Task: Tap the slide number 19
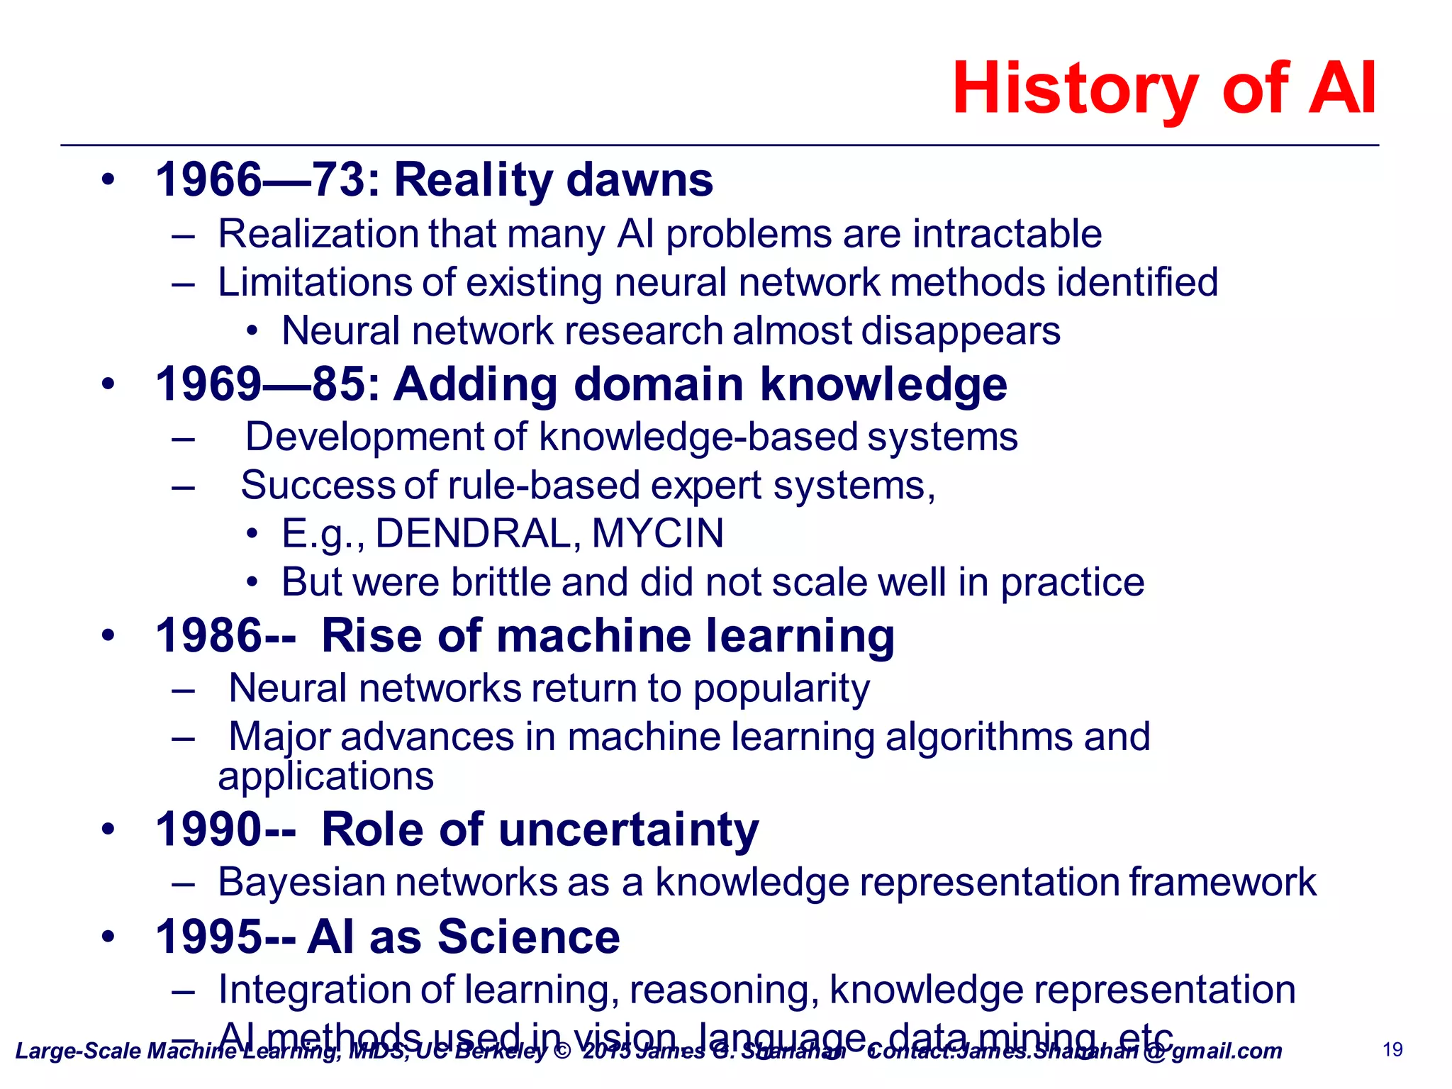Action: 1392,1049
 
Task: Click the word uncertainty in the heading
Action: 628,830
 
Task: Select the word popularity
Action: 781,689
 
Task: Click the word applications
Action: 325,777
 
